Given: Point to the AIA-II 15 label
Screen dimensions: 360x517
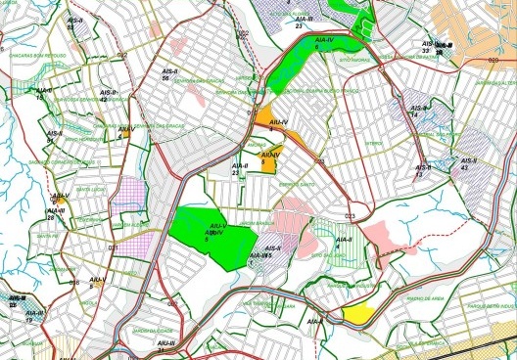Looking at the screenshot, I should pos(40,96).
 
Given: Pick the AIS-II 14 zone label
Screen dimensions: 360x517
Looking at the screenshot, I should pos(417,112).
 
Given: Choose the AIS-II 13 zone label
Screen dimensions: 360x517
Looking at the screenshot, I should pos(421,173).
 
